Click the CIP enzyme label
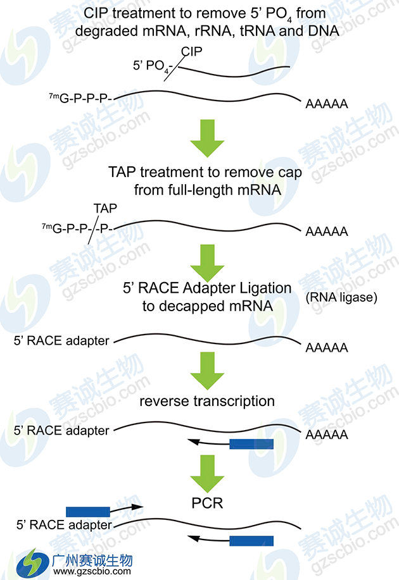(x=191, y=51)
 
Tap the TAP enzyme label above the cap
(x=105, y=207)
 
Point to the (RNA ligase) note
(x=341, y=297)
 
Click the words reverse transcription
(x=207, y=401)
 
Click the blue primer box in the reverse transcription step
(x=251, y=444)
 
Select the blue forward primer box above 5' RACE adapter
(x=88, y=509)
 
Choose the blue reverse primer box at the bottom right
(x=251, y=541)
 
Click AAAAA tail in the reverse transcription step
(x=327, y=435)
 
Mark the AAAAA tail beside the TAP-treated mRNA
(x=327, y=231)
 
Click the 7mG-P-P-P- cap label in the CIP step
(x=80, y=99)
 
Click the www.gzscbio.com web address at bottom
(x=92, y=571)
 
